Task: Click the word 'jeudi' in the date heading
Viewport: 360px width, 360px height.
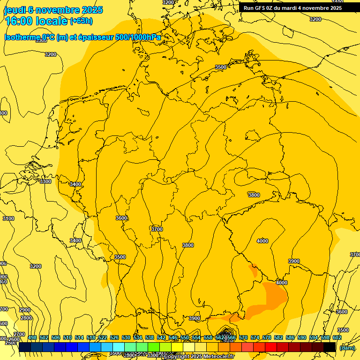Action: point(14,10)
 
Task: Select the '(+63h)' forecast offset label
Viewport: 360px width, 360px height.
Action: point(81,21)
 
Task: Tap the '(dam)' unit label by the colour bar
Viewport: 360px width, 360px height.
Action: point(347,347)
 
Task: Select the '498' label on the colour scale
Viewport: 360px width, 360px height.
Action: point(32,337)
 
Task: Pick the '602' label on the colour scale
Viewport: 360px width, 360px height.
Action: point(337,337)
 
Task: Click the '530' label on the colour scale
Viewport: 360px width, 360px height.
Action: point(126,337)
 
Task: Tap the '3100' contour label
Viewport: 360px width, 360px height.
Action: point(8,218)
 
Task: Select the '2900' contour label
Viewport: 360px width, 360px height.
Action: point(25,310)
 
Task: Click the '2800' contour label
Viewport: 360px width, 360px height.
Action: point(26,318)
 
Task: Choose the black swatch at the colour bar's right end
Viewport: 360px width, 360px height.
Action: point(330,347)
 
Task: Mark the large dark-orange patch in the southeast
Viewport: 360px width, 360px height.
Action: point(274,295)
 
